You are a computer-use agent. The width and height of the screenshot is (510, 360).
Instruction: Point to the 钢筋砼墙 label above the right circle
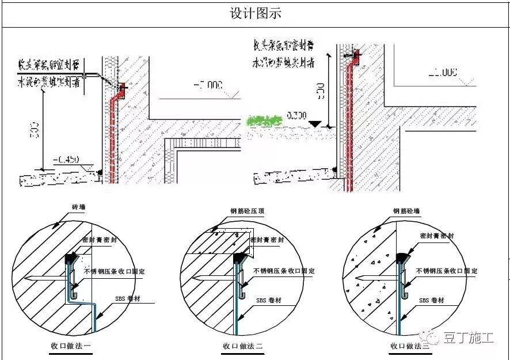pyautogui.click(x=406, y=211)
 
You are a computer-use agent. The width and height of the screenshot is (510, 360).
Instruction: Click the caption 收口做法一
pyautogui.click(x=70, y=346)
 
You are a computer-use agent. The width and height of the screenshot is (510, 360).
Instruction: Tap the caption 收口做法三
pyautogui.click(x=410, y=346)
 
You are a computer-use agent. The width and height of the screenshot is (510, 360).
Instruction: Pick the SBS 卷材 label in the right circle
pyautogui.click(x=432, y=300)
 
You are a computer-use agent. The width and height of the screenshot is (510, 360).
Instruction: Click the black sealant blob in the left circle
pyautogui.click(x=73, y=255)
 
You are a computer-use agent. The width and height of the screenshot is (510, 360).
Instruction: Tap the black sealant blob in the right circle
pyautogui.click(x=401, y=254)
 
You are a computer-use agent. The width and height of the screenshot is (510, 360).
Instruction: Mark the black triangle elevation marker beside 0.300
pyautogui.click(x=314, y=123)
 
